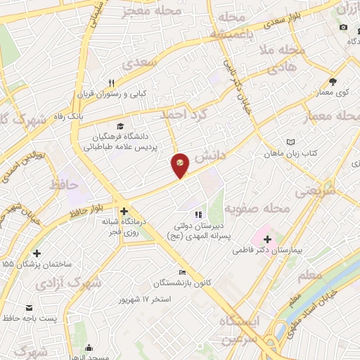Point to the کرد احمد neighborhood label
[x=184, y=115]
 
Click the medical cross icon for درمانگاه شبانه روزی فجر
[x=124, y=211]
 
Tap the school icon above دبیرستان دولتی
[x=198, y=214]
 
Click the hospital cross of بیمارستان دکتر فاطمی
[x=267, y=240]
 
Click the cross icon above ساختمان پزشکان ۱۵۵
[x=37, y=253]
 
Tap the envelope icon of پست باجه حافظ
[x=30, y=308]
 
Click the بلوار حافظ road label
[x=89, y=207]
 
